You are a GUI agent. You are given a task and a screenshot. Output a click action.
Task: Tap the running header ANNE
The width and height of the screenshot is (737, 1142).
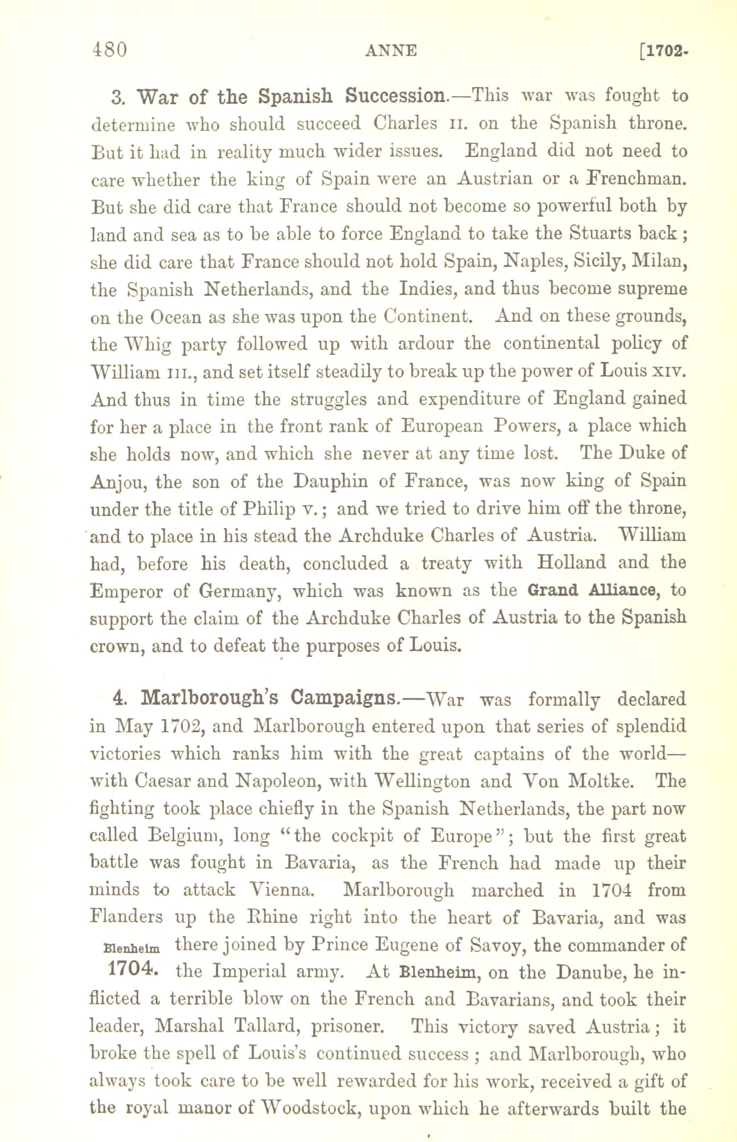391,51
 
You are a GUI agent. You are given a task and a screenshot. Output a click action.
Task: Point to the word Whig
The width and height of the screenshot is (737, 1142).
147,344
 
